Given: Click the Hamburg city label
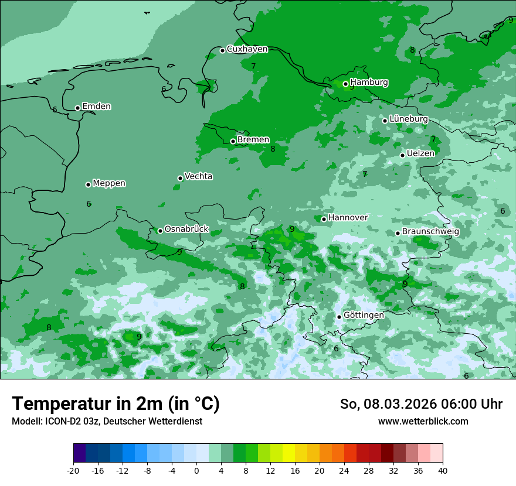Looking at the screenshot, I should tap(369, 83).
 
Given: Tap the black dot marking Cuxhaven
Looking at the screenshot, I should tap(222, 50).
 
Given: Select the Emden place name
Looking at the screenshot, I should tap(96, 107).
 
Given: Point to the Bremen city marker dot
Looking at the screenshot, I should tap(233, 141).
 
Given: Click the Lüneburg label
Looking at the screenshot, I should tap(408, 119).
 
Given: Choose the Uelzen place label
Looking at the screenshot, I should tap(420, 153).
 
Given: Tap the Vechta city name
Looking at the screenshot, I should tap(198, 176).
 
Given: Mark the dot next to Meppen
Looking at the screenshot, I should tap(88, 184).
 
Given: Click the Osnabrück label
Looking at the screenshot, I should tap(186, 229).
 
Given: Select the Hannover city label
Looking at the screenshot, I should tap(348, 218).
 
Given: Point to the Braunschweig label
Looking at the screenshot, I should tap(430, 232).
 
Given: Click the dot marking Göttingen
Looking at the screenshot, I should tap(339, 317).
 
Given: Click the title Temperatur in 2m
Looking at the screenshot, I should tap(116, 404).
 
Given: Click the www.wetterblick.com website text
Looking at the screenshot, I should tap(423, 422).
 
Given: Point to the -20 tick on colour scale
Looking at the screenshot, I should tap(73, 470).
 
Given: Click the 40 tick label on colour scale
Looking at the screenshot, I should tap(443, 470).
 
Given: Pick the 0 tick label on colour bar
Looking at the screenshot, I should tap(196, 470).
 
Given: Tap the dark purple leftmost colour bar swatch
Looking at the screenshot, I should tap(79, 453).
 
